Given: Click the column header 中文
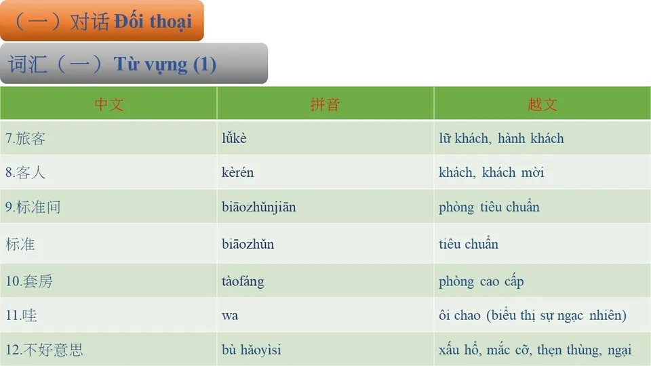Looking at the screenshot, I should [x=108, y=104].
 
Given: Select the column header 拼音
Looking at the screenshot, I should [x=325, y=104].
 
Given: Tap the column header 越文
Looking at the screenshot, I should [x=542, y=104].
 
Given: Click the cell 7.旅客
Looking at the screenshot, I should [x=26, y=139].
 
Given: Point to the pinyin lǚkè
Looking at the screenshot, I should [x=234, y=139].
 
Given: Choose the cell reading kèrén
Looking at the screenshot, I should [x=237, y=173].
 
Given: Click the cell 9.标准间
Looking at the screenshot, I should [x=33, y=207].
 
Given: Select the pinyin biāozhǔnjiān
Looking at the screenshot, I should [x=258, y=207].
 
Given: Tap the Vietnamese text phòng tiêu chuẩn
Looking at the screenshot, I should [x=489, y=207].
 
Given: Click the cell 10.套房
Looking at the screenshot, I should [x=29, y=281].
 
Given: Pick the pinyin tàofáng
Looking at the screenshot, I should [x=243, y=281].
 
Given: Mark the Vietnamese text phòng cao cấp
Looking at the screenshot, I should [x=481, y=281].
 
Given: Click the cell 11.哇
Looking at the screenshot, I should [x=21, y=316].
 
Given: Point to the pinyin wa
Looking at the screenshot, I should [x=230, y=316].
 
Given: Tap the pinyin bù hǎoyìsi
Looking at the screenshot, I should [x=251, y=350].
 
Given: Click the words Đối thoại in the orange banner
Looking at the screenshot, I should [x=153, y=21].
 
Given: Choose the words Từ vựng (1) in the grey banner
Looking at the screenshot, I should [x=165, y=64].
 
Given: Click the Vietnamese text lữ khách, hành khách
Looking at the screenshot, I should [x=501, y=139].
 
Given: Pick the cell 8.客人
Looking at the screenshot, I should [x=26, y=173].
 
